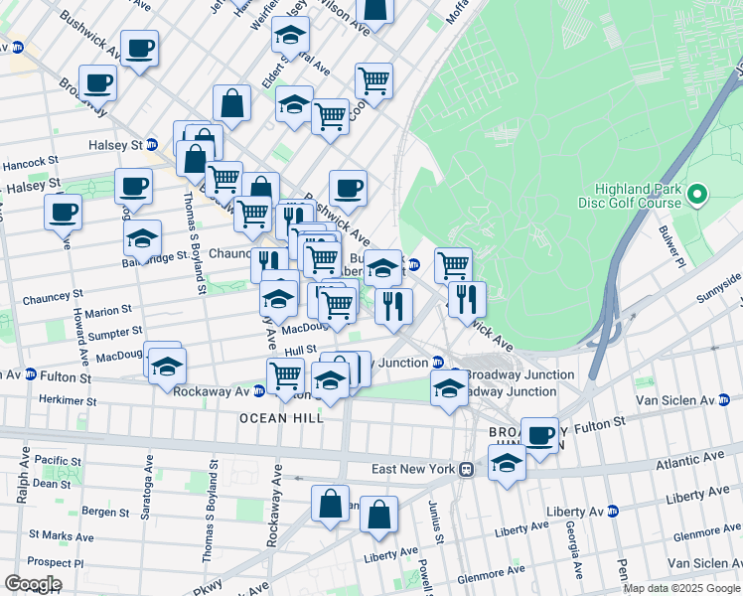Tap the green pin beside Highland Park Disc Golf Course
(x=697, y=196)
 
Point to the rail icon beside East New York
(x=465, y=469)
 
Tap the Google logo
(x=33, y=584)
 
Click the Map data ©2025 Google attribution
(x=682, y=588)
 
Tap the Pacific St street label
(x=57, y=461)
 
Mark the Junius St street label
(x=435, y=527)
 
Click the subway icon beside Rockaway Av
(x=259, y=391)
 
